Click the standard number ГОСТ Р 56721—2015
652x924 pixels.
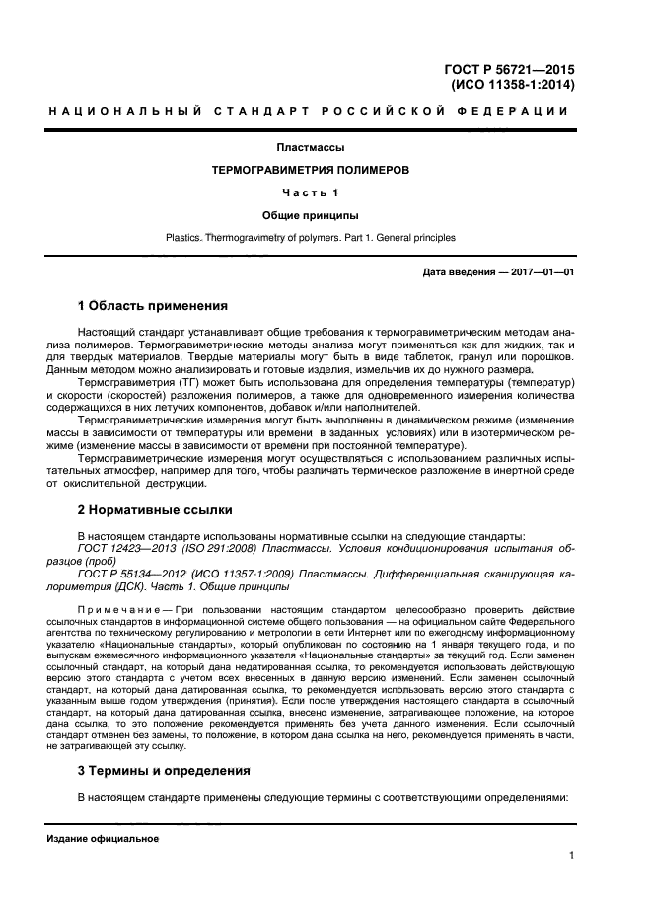511,69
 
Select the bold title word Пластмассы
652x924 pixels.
311,148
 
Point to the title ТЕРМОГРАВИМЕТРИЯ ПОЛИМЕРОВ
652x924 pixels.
311,170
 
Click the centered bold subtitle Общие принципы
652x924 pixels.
311,214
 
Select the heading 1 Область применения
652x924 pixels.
153,305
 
